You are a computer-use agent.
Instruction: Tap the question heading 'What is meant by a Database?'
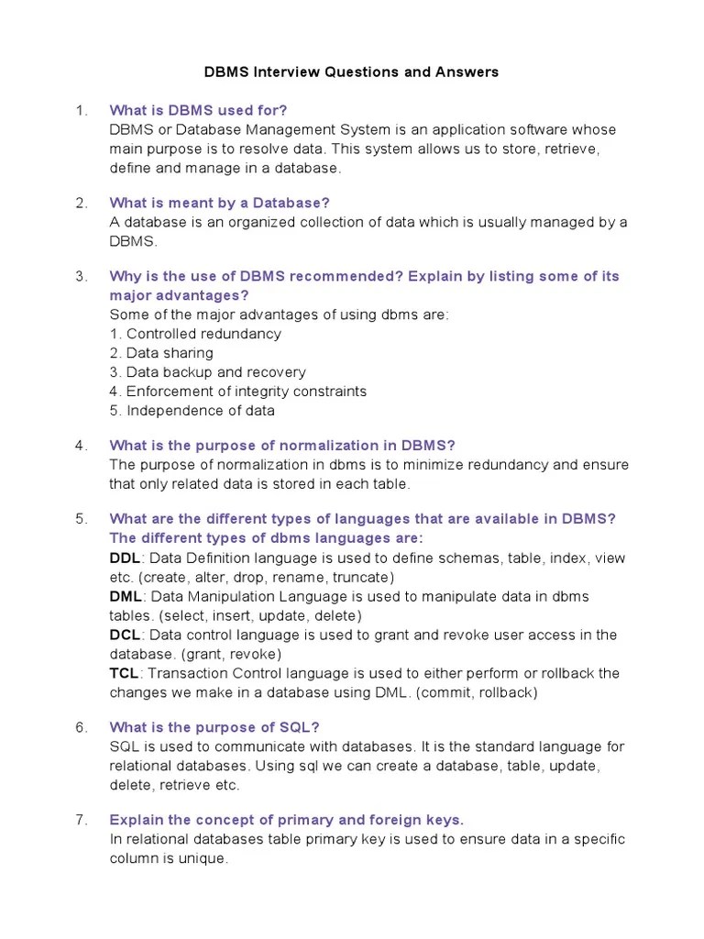tap(219, 203)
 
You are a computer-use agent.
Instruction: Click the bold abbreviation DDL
tap(124, 558)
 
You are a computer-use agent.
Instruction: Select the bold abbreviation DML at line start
tap(125, 596)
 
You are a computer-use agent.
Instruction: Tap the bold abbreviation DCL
tap(124, 635)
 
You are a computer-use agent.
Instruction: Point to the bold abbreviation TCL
tap(124, 673)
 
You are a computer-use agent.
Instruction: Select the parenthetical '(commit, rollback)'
tap(477, 692)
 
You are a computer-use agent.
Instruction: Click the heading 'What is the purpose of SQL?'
tap(214, 727)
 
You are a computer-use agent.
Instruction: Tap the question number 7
tap(81, 820)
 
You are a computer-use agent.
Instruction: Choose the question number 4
tap(82, 446)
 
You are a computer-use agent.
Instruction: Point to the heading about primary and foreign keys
tap(286, 820)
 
